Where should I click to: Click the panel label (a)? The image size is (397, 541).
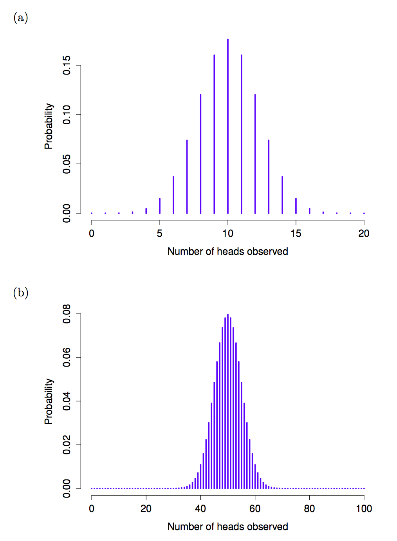click(20, 18)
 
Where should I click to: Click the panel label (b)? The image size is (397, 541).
click(20, 293)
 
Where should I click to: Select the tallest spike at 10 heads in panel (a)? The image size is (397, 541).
click(228, 125)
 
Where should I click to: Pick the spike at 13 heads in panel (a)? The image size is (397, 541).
click(269, 176)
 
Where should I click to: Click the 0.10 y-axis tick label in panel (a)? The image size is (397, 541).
click(67, 114)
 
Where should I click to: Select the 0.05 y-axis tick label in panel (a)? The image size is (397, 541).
click(67, 164)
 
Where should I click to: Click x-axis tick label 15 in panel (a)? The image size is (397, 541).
click(296, 234)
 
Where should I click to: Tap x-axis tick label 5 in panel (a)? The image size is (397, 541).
click(160, 234)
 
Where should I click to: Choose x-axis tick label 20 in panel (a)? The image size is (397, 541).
click(364, 234)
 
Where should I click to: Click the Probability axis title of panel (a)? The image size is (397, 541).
click(49, 126)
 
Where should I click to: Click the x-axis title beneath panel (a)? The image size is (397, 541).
click(227, 252)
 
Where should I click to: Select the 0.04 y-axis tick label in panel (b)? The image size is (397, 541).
click(67, 401)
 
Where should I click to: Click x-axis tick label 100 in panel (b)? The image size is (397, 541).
click(364, 509)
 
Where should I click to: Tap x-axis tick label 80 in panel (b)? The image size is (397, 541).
click(309, 509)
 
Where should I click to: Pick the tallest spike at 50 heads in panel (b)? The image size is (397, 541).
click(228, 400)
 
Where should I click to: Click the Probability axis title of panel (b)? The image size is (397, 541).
click(49, 401)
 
